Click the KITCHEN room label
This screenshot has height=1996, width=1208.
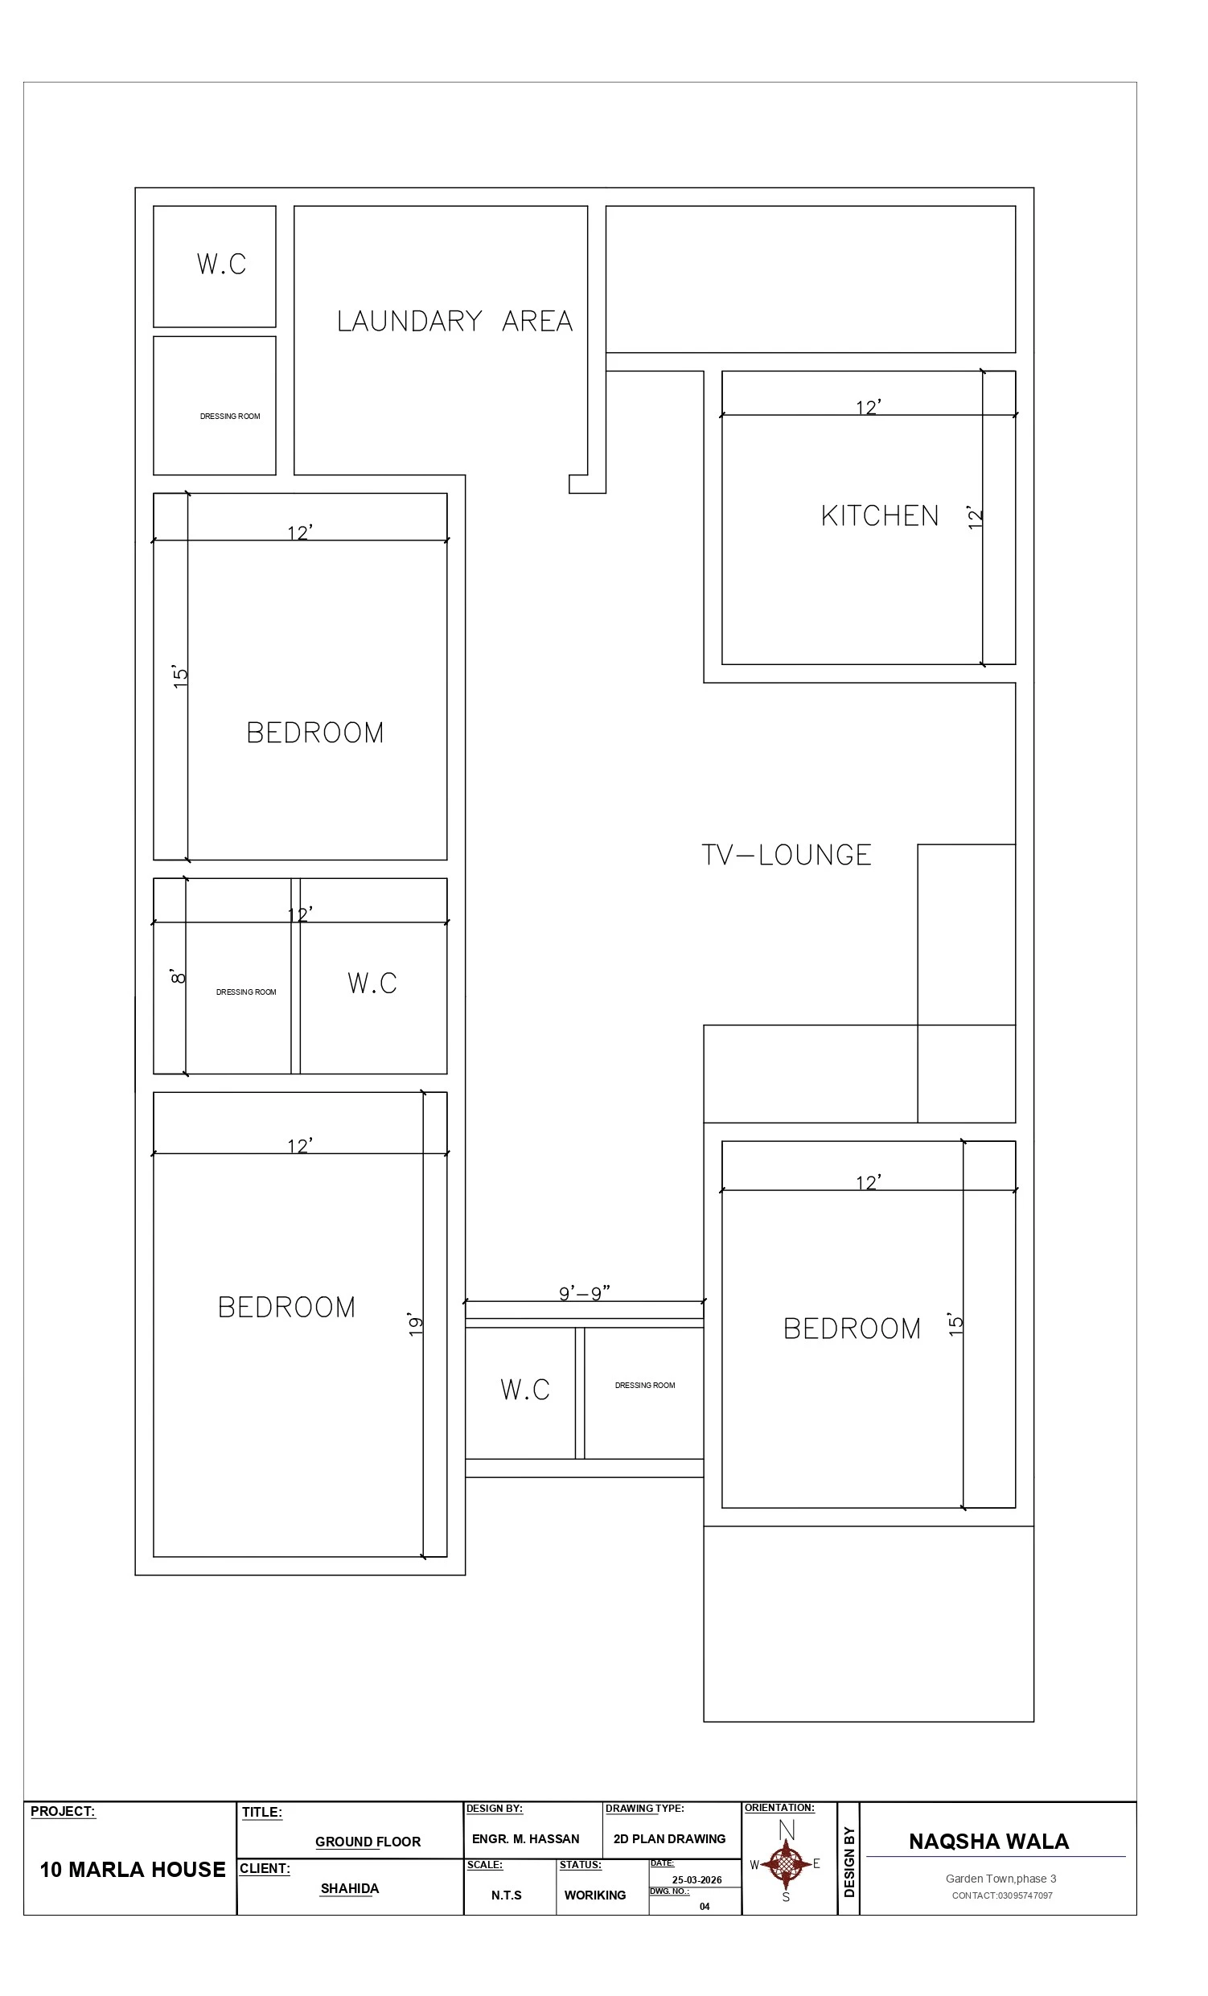pos(879,516)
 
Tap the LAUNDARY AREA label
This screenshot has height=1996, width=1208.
pos(454,322)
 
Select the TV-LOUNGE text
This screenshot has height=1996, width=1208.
pos(786,856)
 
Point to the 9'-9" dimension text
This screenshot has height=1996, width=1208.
pos(584,1292)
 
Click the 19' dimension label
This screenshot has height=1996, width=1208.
pos(415,1325)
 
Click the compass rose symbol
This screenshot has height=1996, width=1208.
pos(785,1865)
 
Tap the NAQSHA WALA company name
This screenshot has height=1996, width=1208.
pos(988,1842)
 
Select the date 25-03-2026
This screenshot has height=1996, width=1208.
pos(696,1880)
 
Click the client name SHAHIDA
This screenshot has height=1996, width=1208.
pos(349,1888)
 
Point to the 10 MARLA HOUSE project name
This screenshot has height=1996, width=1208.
pos(133,1870)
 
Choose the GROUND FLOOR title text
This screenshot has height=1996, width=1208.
pos(368,1842)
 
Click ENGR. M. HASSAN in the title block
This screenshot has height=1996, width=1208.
pos(526,1839)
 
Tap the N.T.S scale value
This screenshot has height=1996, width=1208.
pos(507,1895)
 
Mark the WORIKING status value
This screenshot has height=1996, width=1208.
pos(594,1895)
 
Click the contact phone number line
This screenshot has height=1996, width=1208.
pos(1002,1895)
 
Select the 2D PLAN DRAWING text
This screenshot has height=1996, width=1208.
pos(669,1839)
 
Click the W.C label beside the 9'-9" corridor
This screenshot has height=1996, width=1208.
pos(525,1390)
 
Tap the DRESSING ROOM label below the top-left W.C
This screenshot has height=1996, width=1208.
pos(230,417)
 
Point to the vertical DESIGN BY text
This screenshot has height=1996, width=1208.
pos(849,1862)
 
